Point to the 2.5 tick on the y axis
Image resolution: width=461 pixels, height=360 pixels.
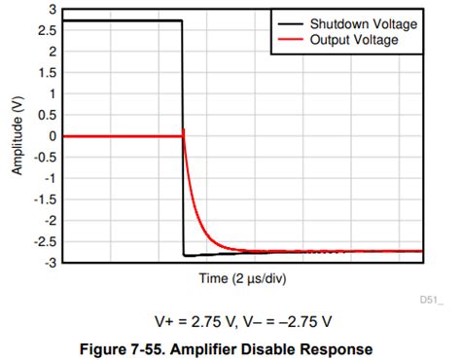(48, 30)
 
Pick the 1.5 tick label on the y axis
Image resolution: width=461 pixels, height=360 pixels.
(48, 73)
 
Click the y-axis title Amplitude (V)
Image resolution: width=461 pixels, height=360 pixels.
(17, 136)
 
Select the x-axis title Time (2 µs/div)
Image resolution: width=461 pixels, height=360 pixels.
(244, 278)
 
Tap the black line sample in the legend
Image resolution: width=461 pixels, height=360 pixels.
(288, 22)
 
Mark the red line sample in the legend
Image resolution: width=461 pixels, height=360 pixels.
(288, 39)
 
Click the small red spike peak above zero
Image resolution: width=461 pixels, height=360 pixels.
(184, 129)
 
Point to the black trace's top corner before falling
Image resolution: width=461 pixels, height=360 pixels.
(182, 20)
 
